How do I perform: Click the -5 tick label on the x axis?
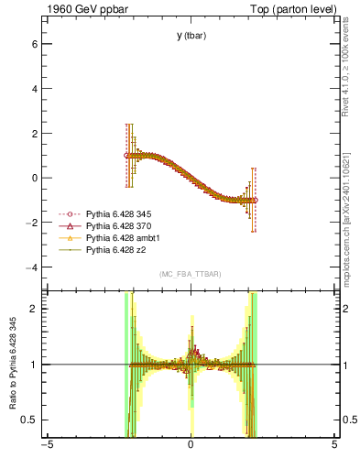tap(46, 448)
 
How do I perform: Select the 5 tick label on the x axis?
tap(334, 448)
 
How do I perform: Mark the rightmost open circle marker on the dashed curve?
tap(255, 200)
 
